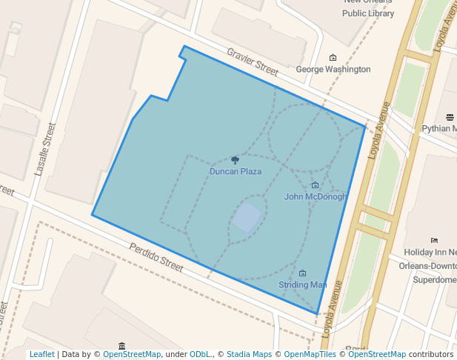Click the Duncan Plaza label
pyautogui.click(x=235, y=172)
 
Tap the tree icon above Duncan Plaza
pyautogui.click(x=235, y=160)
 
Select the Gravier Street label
pyautogui.click(x=253, y=63)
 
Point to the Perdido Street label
pyautogui.click(x=156, y=256)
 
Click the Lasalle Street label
pyautogui.click(x=44, y=149)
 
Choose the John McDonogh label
pyautogui.click(x=316, y=197)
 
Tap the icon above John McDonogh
pyautogui.click(x=315, y=185)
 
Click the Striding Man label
pyautogui.click(x=302, y=285)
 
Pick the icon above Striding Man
pyautogui.click(x=302, y=273)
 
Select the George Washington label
pyautogui.click(x=333, y=70)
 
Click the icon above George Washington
pyautogui.click(x=333, y=58)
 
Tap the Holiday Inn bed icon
pyautogui.click(x=434, y=240)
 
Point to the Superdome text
pyautogui.click(x=435, y=280)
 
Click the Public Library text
pyautogui.click(x=368, y=13)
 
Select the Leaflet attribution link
pyautogui.click(x=41, y=355)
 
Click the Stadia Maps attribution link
pyautogui.click(x=249, y=355)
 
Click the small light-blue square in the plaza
pyautogui.click(x=247, y=218)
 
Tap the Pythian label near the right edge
pyautogui.click(x=438, y=129)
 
